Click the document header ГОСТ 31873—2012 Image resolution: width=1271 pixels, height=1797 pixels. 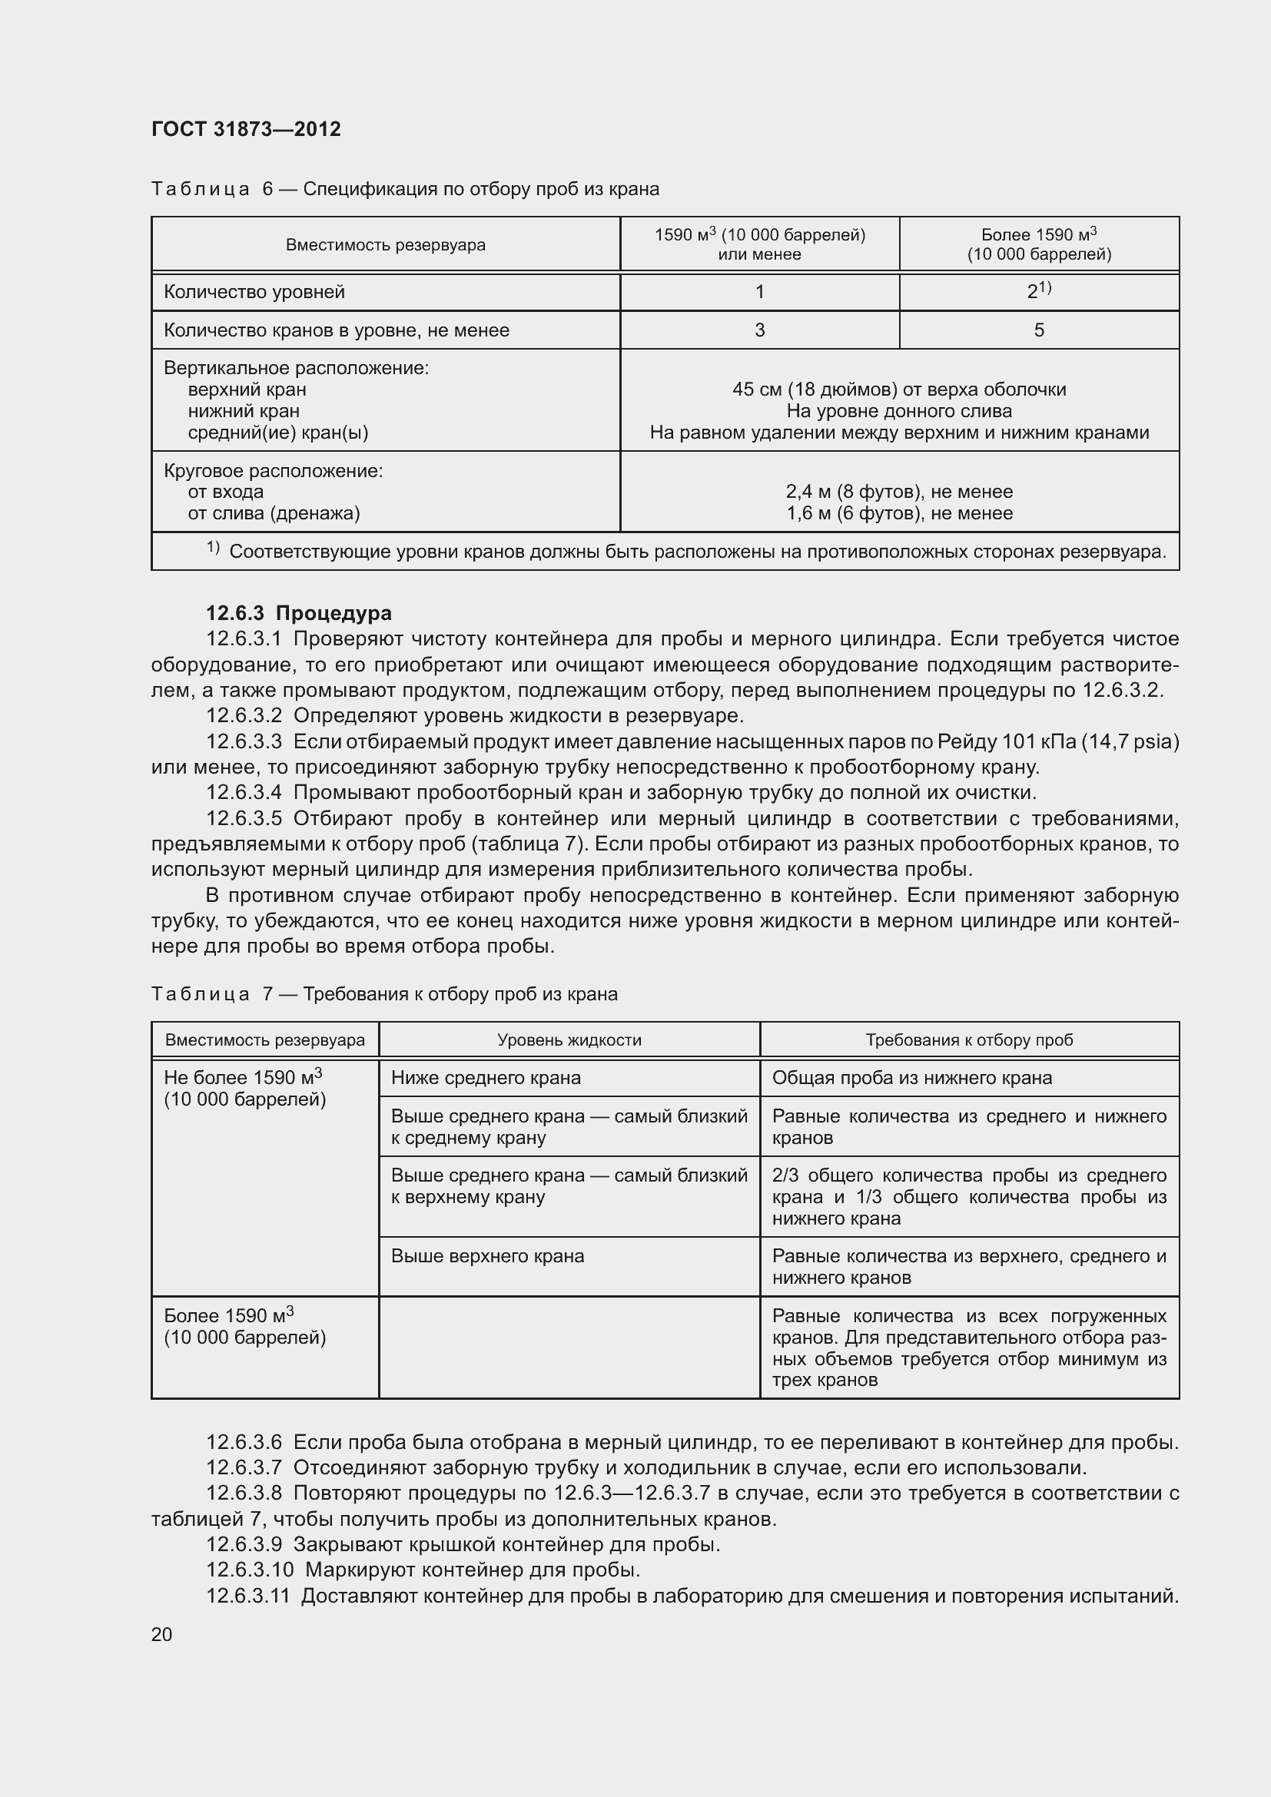[x=246, y=129]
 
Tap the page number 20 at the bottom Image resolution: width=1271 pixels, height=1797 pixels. [x=162, y=1634]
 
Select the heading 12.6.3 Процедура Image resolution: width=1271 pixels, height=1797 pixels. [x=298, y=613]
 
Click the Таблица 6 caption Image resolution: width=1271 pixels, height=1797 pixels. [x=405, y=189]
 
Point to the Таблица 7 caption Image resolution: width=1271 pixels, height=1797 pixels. [x=383, y=994]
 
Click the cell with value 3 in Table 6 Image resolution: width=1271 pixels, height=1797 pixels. [x=759, y=330]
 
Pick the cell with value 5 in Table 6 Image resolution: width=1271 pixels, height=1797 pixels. [x=1039, y=330]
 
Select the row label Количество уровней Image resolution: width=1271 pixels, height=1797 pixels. [x=254, y=292]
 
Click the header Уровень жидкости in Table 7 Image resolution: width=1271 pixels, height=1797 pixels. [x=569, y=1040]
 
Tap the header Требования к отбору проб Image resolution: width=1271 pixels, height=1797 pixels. [x=969, y=1040]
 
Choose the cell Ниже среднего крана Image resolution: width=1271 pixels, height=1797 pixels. [x=486, y=1078]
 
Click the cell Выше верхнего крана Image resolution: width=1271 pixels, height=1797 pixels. [x=488, y=1256]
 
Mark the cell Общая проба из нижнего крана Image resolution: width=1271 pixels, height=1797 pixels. [x=912, y=1078]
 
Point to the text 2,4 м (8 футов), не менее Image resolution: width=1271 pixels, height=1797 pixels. [x=899, y=492]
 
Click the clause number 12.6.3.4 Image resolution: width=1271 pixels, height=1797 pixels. [x=244, y=793]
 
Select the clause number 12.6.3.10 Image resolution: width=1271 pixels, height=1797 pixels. [x=250, y=1570]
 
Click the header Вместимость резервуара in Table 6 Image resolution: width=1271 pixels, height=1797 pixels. [x=385, y=245]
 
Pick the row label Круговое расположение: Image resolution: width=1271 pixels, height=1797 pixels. [x=273, y=471]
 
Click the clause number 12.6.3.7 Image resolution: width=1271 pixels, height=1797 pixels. [x=244, y=1467]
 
